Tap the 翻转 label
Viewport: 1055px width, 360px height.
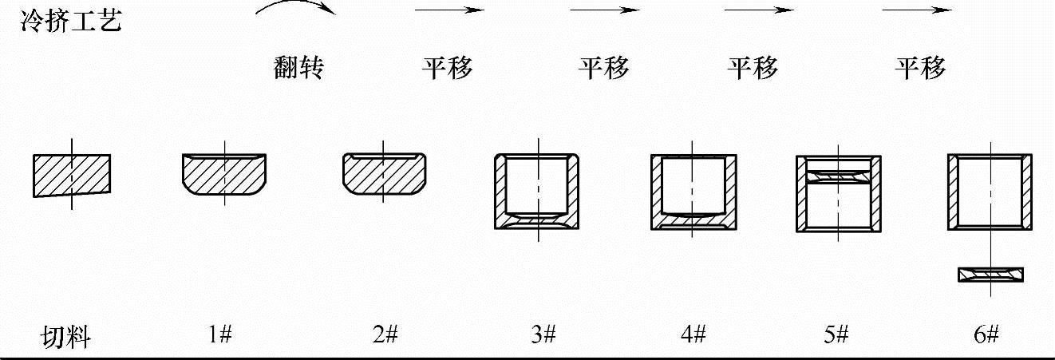(298, 69)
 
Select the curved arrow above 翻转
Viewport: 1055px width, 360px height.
(296, 9)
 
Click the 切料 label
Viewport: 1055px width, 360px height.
(66, 338)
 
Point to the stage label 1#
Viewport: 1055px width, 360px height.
(219, 336)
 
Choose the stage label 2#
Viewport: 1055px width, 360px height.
(385, 336)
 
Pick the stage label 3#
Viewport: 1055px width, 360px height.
(543, 336)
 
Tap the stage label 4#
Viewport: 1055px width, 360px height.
(693, 336)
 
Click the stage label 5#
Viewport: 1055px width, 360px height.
(836, 336)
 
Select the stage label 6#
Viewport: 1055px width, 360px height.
(986, 336)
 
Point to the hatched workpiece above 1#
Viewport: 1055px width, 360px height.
(225, 174)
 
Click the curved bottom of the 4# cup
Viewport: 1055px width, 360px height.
(693, 218)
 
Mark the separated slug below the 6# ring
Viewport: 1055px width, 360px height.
(991, 275)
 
